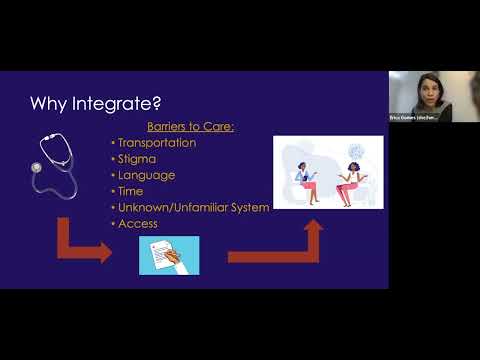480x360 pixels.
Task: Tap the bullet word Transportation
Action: coord(161,142)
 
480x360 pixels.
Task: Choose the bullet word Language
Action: coord(147,175)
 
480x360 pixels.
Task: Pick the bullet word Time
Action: coord(132,191)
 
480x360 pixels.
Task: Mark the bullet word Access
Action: coord(138,223)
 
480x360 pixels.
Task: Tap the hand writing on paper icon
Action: coord(169,255)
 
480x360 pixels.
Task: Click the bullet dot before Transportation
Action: coord(113,143)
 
